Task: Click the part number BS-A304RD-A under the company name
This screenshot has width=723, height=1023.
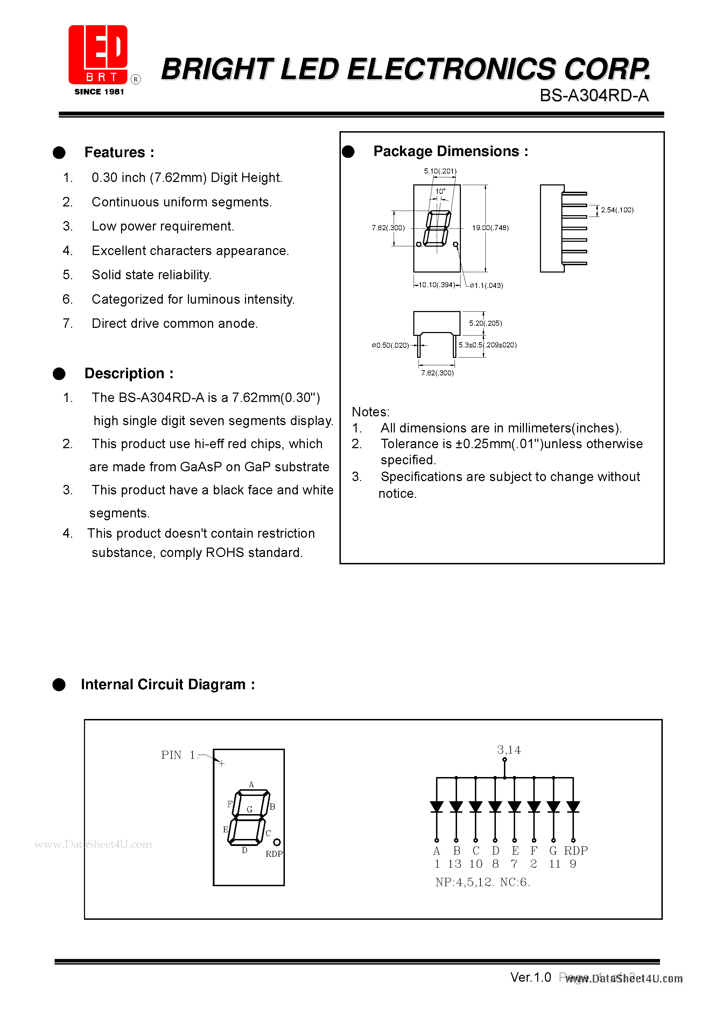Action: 594,96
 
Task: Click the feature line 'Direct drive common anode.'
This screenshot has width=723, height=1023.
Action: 175,324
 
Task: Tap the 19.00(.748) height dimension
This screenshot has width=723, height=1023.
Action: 490,228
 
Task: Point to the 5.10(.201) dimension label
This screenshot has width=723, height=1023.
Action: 440,171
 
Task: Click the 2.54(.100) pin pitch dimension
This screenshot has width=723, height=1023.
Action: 617,210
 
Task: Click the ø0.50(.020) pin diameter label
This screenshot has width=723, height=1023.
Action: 390,345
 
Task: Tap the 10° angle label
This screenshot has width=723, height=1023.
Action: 440,191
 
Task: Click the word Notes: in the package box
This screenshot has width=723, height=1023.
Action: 370,412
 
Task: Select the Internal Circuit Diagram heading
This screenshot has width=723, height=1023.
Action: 168,684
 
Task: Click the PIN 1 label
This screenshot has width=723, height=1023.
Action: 178,755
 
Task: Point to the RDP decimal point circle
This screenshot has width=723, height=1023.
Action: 277,842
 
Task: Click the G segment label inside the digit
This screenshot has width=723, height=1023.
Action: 250,809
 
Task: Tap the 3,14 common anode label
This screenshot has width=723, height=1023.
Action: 508,750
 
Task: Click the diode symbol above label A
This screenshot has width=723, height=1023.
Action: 436,806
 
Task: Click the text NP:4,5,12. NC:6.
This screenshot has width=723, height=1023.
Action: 482,882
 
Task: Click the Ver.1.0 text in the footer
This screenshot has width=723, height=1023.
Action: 531,978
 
